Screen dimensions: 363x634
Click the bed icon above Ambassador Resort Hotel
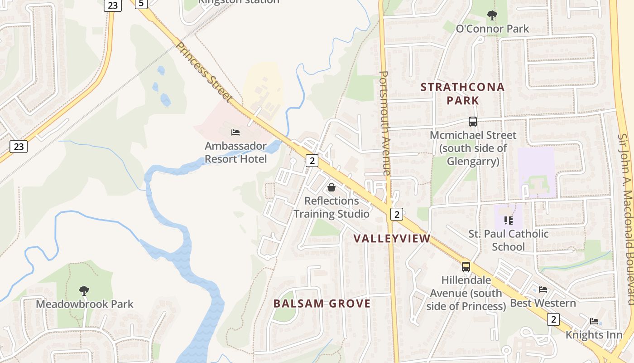[x=235, y=132]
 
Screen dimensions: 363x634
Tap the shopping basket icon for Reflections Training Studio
[x=331, y=187]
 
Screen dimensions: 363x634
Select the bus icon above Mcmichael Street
[x=473, y=122]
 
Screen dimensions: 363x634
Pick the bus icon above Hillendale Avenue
[x=466, y=266]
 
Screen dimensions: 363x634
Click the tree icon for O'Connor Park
[x=492, y=15]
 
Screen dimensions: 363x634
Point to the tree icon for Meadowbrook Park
[x=84, y=290]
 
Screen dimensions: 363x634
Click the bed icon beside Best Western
[x=543, y=289]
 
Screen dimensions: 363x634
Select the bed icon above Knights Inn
[x=594, y=321]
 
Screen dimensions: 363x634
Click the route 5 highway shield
[x=141, y=4]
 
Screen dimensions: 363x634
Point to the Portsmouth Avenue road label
[x=384, y=123]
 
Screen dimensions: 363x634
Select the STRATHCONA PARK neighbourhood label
[x=462, y=93]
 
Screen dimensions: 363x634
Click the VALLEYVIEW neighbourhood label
[x=392, y=239]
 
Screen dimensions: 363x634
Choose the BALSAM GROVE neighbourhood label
[x=322, y=304]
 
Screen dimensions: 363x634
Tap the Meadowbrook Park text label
[x=85, y=304]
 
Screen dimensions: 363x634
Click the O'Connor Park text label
[x=492, y=29]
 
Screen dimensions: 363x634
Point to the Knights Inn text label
[x=594, y=334]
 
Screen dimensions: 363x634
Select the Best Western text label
[x=543, y=303]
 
